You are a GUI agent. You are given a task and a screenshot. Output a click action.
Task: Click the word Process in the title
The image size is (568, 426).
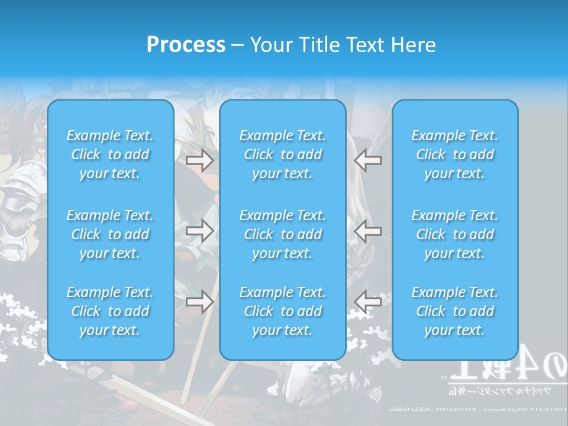pyautogui.click(x=186, y=45)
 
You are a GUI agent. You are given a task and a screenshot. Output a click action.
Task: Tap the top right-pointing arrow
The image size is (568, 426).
pyautogui.click(x=199, y=160)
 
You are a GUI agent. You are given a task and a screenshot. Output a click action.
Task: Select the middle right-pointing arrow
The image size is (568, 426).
pyautogui.click(x=199, y=230)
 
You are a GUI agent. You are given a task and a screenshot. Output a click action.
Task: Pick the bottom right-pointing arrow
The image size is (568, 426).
pyautogui.click(x=199, y=301)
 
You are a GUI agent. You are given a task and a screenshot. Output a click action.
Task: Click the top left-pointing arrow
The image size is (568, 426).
pyautogui.click(x=367, y=160)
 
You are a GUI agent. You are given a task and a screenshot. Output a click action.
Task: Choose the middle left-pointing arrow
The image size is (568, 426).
pyautogui.click(x=367, y=230)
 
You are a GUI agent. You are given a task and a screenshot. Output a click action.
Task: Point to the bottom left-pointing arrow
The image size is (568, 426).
pyautogui.click(x=367, y=301)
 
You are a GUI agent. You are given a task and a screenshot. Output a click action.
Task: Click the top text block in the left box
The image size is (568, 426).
pyautogui.click(x=110, y=154)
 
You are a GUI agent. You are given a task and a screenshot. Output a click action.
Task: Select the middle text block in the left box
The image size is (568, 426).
pyautogui.click(x=110, y=234)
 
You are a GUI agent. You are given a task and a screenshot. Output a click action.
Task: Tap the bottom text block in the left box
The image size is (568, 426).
pyautogui.click(x=110, y=311)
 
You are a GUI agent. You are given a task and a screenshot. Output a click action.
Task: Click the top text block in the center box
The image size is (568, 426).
pyautogui.click(x=283, y=154)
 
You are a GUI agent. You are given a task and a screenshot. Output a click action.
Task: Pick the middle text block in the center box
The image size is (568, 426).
pyautogui.click(x=283, y=234)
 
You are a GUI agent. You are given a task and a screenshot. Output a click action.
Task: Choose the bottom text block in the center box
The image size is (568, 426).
pyautogui.click(x=283, y=311)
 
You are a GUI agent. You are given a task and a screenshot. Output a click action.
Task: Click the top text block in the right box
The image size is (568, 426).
pyautogui.click(x=455, y=154)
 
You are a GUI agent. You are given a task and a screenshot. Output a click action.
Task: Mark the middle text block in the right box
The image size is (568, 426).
pyautogui.click(x=455, y=234)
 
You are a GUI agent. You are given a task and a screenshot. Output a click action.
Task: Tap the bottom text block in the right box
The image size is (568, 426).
pyautogui.click(x=455, y=311)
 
